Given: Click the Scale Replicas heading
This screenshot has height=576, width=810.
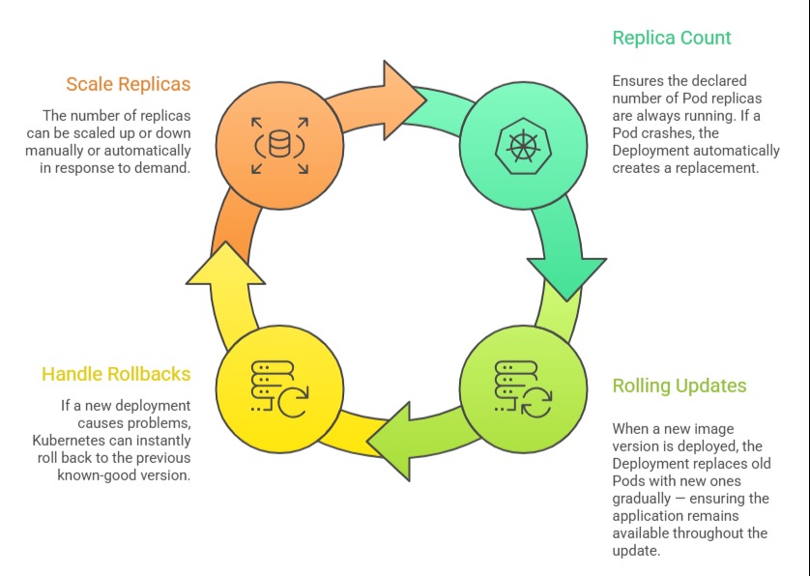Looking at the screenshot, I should (128, 84).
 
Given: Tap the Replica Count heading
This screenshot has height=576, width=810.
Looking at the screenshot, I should (672, 38).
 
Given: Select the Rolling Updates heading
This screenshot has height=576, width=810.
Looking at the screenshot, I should (680, 386).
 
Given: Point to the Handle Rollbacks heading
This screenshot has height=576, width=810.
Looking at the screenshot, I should (116, 374).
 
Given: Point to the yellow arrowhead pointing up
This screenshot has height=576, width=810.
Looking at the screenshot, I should (225, 265).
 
